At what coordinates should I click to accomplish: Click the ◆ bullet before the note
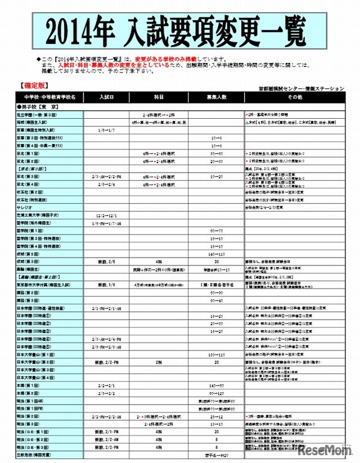click(x=39, y=59)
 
